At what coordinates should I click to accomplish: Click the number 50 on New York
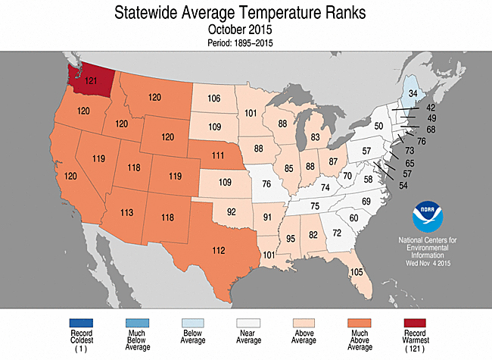[379, 125]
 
